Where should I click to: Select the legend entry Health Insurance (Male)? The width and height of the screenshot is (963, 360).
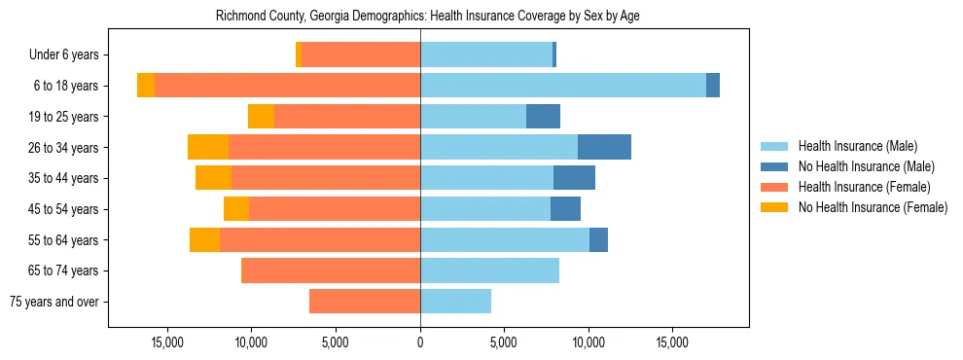click(857, 146)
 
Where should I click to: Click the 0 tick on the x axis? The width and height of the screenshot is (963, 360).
click(420, 342)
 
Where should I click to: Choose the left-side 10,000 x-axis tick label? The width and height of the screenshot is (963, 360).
click(252, 342)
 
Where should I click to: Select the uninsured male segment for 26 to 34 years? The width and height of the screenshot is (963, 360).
click(604, 147)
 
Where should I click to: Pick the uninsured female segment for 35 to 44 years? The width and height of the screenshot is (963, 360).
click(213, 178)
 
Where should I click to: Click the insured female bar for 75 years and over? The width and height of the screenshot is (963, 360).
click(365, 302)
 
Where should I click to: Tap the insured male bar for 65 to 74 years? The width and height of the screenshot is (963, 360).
click(489, 270)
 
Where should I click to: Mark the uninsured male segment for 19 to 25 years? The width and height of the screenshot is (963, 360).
click(543, 117)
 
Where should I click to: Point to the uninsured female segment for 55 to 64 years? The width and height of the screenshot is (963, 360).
click(204, 239)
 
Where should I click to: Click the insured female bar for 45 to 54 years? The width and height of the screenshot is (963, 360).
click(335, 209)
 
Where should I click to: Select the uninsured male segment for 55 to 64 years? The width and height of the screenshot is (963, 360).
click(598, 239)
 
